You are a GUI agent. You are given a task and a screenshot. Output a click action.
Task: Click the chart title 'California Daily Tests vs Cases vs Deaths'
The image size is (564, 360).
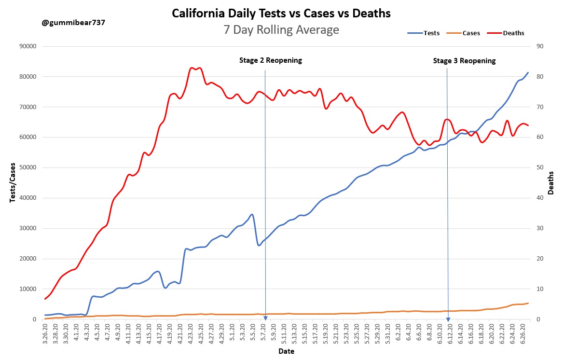tap(281, 14)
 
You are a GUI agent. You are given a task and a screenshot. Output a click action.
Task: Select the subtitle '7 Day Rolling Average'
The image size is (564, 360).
tap(281, 30)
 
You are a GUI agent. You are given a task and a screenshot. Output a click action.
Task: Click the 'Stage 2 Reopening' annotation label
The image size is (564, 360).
tap(270, 60)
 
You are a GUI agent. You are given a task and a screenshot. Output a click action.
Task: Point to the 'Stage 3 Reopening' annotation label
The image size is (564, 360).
tap(464, 61)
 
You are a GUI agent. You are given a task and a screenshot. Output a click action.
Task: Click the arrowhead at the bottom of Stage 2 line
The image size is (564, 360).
tap(265, 318)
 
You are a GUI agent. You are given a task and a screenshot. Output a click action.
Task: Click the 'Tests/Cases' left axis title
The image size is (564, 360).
tap(13, 182)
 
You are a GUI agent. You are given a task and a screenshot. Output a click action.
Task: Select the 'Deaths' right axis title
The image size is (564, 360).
tap(550, 182)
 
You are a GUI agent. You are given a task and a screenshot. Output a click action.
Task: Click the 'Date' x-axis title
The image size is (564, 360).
tap(286, 351)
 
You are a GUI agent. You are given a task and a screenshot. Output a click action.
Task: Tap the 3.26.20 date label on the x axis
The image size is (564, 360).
tap(45, 332)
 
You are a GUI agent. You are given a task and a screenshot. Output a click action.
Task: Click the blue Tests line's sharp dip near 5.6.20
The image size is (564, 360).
tap(259, 245)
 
